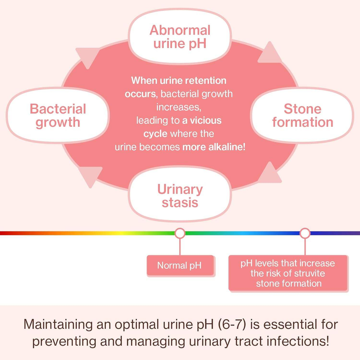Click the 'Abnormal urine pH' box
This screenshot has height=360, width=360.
click(180, 36)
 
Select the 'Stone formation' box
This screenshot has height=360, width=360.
click(302, 115)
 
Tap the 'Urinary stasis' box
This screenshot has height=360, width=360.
click(180, 195)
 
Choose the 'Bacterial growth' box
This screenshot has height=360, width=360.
click(58, 115)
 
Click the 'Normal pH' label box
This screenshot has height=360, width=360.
click(180, 265)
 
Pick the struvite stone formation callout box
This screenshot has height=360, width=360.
click(288, 273)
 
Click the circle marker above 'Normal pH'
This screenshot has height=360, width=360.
click(180, 233)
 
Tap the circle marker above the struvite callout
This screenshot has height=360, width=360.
click(305, 233)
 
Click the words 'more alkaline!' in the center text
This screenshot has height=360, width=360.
click(214, 147)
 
